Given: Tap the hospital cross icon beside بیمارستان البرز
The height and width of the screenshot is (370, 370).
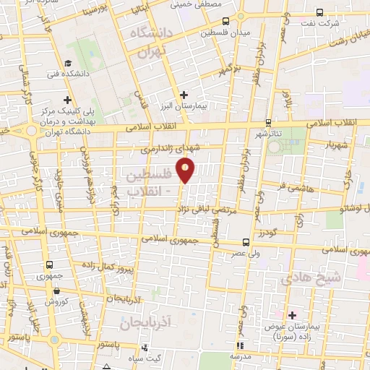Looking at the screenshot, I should point(184,94).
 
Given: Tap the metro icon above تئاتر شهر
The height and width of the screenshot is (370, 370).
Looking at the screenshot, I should point(269,122).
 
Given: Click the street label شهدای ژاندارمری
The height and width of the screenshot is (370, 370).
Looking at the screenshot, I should point(168,150).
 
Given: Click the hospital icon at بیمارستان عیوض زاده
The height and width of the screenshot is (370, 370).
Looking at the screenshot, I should point(293,314).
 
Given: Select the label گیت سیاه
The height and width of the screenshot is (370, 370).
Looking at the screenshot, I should point(152,358).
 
